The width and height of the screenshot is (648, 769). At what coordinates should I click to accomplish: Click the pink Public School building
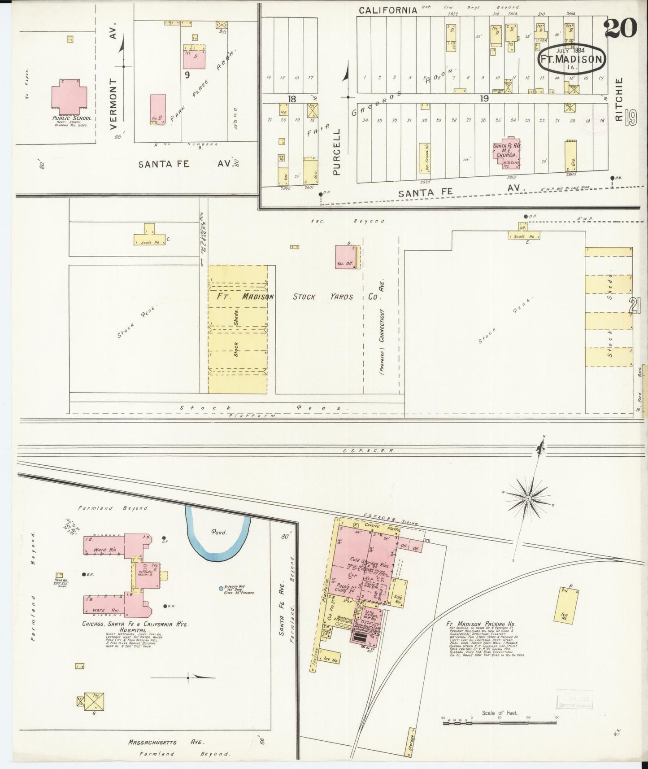click(x=70, y=96)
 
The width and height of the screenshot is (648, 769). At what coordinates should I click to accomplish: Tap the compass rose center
click(x=528, y=498)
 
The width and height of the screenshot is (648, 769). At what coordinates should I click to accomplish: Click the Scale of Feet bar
click(x=500, y=722)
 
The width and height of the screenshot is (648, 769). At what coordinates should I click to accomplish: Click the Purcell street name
click(x=337, y=152)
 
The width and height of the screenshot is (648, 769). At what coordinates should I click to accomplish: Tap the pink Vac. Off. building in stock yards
click(x=346, y=258)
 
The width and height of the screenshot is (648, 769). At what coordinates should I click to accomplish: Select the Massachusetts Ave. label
click(x=168, y=742)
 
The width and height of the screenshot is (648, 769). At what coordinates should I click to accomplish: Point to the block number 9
click(x=187, y=75)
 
